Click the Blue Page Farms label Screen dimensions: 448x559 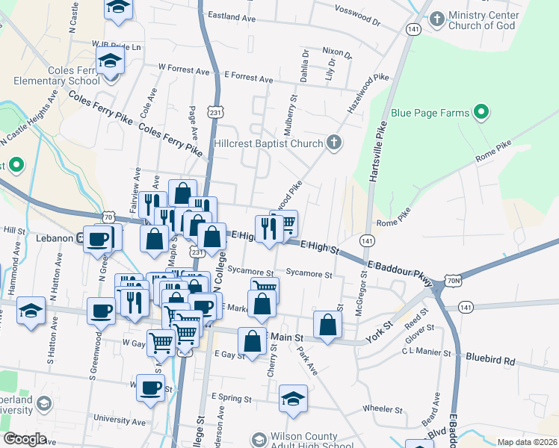(430, 113)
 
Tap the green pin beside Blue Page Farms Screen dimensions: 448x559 (482, 113)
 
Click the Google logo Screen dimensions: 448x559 (25, 439)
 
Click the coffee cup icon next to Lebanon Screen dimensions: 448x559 (97, 239)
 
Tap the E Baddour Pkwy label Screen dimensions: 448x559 (400, 272)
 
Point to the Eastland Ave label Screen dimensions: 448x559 (232, 16)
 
